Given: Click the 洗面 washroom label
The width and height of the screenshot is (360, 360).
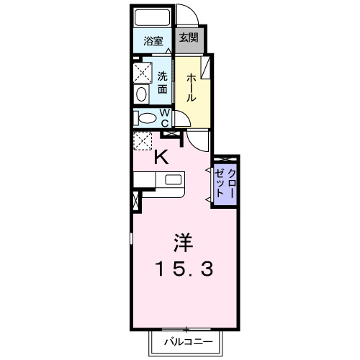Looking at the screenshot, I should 163,83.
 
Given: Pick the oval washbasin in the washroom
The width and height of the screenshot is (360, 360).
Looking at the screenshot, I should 141,94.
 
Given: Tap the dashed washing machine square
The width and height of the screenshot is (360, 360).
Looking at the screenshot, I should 140,72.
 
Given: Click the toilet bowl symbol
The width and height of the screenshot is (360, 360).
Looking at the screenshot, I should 146,118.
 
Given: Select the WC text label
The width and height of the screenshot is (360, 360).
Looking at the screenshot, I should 165,117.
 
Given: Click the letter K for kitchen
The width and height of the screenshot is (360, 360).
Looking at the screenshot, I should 163,158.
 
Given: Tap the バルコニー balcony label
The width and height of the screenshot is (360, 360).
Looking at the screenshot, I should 181,341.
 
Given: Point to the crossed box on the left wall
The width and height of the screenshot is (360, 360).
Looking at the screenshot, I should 137,202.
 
